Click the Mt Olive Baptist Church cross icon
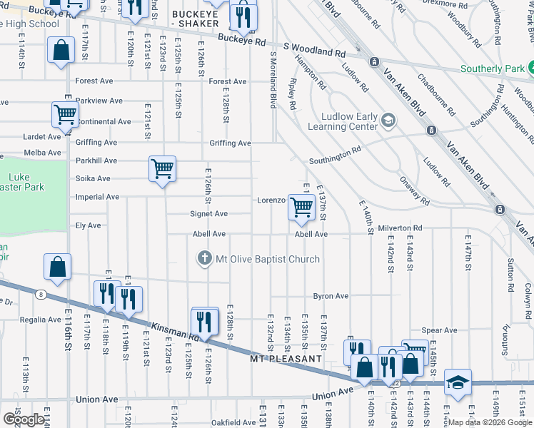click(x=206, y=259)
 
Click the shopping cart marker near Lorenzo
click(x=301, y=207)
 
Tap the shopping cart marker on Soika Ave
click(x=162, y=170)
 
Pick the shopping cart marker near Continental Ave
click(x=65, y=114)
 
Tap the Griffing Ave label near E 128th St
click(x=230, y=143)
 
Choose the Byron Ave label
click(x=331, y=296)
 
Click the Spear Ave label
click(x=439, y=330)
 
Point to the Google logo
click(x=24, y=419)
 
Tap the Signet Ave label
click(x=208, y=214)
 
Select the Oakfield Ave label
click(x=233, y=422)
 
